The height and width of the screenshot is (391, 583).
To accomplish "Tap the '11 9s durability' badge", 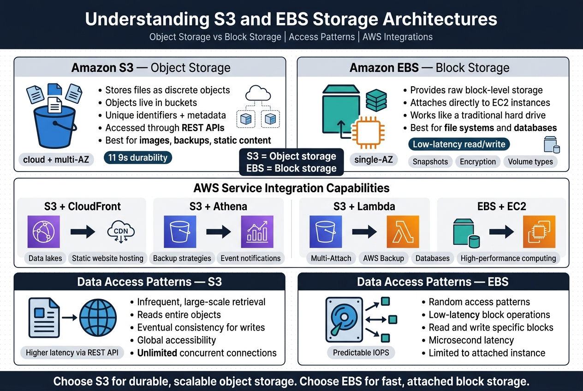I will [x=138, y=158].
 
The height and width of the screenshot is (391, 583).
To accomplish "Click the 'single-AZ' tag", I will [x=374, y=160].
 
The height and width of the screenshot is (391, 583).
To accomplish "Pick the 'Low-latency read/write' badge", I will [x=459, y=144].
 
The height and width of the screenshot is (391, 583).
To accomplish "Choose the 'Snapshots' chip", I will [x=430, y=161].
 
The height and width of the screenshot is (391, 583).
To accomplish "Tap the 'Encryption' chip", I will [x=477, y=161].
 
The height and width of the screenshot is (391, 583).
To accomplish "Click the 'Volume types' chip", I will [x=530, y=161].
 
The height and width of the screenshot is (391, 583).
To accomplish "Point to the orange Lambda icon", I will [x=402, y=232].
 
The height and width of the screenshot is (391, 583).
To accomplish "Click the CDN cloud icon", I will [x=121, y=232].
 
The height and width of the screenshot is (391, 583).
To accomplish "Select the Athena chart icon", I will [x=257, y=232].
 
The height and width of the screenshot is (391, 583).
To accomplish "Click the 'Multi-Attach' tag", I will [x=331, y=258].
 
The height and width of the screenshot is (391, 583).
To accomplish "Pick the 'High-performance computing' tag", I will [x=508, y=258].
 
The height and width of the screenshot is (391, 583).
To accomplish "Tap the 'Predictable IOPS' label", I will [x=355, y=353].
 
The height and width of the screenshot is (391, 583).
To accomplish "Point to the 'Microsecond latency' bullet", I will [x=471, y=340].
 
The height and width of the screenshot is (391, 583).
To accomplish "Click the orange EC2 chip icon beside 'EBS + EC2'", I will [x=539, y=232].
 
